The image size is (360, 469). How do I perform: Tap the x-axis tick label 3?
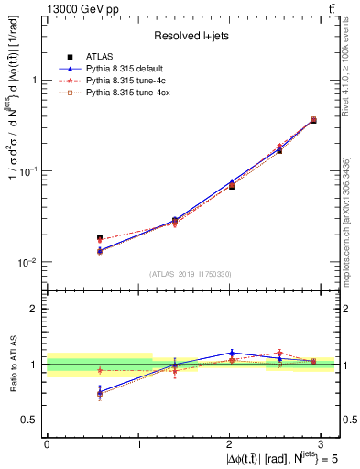pos(322,442)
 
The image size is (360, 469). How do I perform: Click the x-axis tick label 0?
pos(47,442)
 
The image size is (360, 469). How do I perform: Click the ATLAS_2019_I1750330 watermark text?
pos(191,274)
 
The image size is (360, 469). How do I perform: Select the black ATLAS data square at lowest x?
pos(100,238)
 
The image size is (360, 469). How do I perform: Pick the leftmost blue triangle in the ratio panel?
pos(100,392)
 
